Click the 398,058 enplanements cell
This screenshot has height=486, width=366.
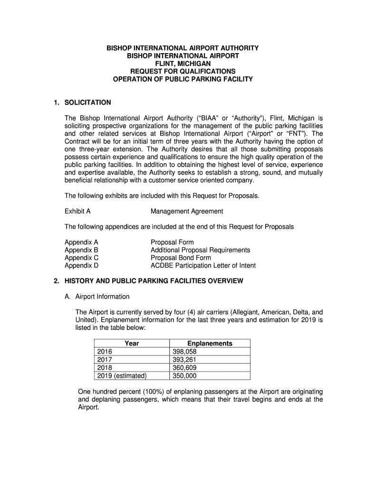[184, 352]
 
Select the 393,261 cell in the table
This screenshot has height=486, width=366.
[184, 360]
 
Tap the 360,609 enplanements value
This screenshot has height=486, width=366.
[184, 368]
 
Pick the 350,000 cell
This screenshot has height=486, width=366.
[184, 376]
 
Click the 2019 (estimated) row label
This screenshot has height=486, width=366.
[122, 376]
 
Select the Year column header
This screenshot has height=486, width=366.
[131, 343]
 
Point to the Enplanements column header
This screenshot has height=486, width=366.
[210, 343]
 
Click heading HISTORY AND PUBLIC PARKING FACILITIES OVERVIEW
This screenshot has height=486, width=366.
[154, 281]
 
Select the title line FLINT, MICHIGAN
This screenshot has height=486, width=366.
[183, 64]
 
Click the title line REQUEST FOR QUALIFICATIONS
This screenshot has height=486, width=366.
[183, 71]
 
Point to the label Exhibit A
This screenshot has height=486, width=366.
[77, 211]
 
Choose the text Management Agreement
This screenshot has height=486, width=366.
[187, 211]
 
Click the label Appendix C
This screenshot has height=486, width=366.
[81, 258]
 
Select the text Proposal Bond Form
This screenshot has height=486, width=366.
[181, 258]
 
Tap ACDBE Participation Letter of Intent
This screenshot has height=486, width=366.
[203, 265]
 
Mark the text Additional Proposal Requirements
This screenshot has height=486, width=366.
[200, 250]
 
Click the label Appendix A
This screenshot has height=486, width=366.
[81, 242]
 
